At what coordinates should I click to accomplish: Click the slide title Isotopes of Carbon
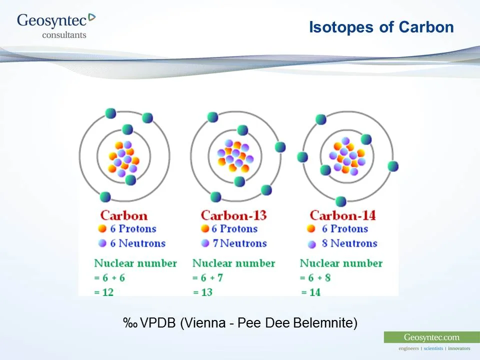pos(381,27)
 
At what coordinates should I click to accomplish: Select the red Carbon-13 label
pos(233,215)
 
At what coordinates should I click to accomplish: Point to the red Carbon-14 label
pos(342,215)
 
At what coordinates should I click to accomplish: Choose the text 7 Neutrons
pos(239,243)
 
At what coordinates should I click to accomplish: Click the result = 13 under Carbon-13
pos(203,292)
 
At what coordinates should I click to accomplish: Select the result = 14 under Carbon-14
pos(310,292)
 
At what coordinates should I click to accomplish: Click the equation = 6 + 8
pos(315,278)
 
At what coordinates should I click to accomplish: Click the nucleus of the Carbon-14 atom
pos(346,155)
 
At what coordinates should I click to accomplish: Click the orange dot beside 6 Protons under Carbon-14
pos(311,229)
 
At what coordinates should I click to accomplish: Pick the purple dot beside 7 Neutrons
pos(204,243)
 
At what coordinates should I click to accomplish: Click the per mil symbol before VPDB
pos(130,323)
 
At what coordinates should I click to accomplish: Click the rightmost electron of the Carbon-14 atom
pos(393,166)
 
